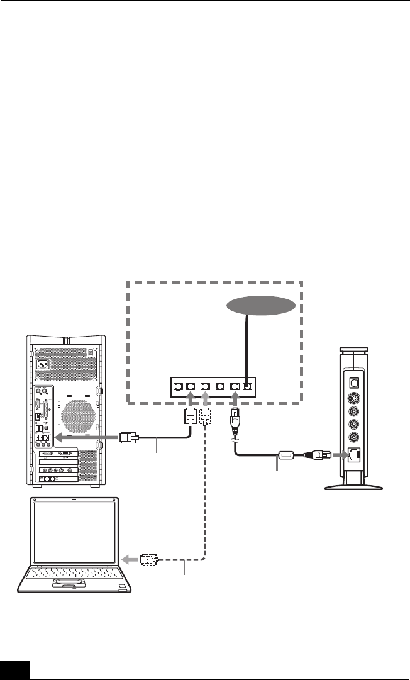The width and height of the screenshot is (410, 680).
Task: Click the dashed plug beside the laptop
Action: click(x=148, y=558)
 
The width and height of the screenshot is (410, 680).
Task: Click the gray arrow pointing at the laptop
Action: click(x=130, y=558)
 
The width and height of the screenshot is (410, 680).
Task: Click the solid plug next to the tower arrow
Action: click(x=129, y=436)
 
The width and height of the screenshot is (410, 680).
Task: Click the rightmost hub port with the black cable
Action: click(x=248, y=387)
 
